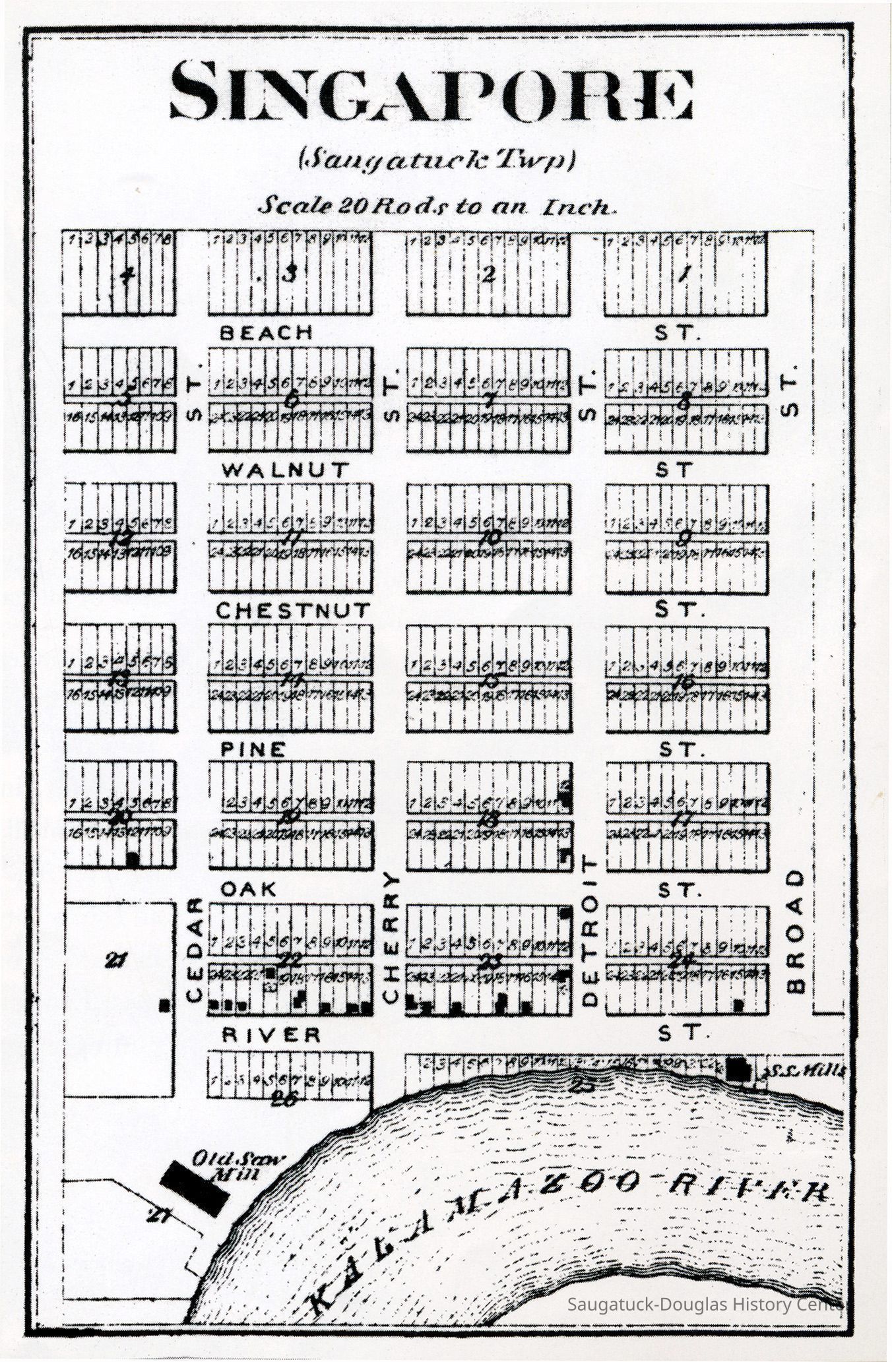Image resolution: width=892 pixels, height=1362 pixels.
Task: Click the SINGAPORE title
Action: [x=432, y=91]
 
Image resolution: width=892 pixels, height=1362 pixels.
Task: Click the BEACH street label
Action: [x=266, y=333]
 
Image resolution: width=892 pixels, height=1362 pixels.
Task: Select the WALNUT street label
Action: [x=285, y=470]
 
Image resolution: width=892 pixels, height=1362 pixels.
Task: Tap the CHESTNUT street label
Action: [x=294, y=611]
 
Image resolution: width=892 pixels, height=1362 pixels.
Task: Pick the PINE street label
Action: [x=253, y=749]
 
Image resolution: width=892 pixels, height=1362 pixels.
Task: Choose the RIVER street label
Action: [x=271, y=1035]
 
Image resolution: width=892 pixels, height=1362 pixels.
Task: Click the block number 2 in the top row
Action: [x=488, y=276]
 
